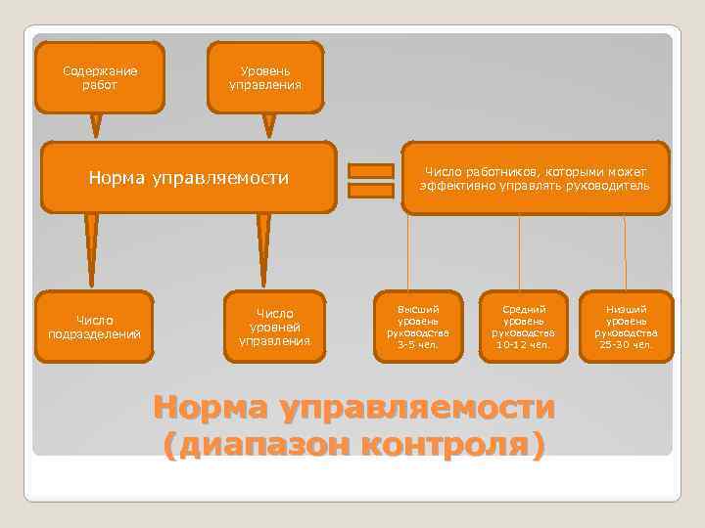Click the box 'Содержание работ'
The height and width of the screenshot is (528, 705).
[99, 77]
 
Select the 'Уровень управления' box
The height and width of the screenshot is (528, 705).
[265, 77]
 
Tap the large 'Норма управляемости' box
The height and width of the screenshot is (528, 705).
[187, 178]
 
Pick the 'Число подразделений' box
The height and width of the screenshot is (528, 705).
[94, 327]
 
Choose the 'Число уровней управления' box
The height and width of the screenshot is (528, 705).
[274, 327]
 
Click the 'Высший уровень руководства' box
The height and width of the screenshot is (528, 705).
[417, 320]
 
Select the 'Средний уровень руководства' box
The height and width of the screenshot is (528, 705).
[523, 320]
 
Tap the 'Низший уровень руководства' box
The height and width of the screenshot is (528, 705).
[626, 320]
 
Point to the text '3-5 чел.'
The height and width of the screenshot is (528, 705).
[417, 344]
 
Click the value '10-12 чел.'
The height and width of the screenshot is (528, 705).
[523, 344]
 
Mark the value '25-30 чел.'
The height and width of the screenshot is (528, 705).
[626, 344]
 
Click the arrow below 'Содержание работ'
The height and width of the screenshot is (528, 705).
[96, 125]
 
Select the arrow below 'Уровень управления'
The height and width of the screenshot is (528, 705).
[269, 125]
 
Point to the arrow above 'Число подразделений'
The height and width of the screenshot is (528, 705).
[91, 249]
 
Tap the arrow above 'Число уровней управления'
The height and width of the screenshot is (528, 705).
[263, 249]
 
